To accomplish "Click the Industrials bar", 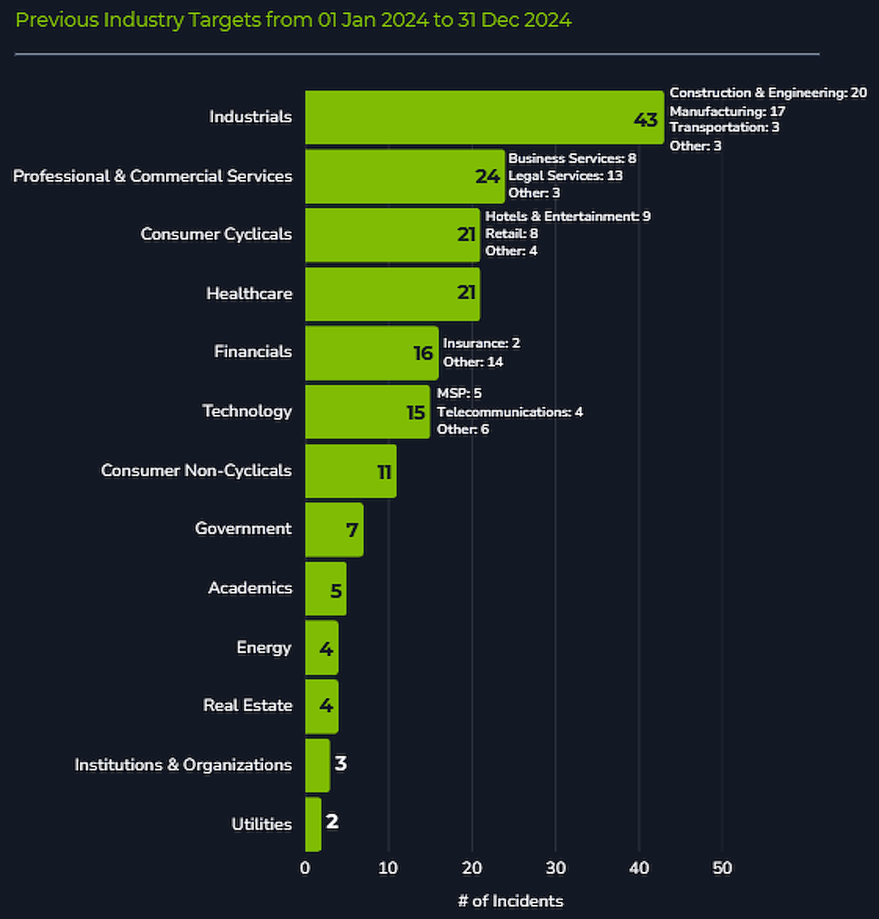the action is coord(484,117).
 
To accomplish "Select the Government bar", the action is coord(335,529).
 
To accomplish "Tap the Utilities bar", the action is coord(313,824).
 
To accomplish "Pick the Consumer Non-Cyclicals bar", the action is coord(351,470).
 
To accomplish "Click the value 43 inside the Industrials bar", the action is coord(646,120).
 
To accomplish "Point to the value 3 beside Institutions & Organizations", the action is coord(341,763).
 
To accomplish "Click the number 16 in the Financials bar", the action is coord(423,353).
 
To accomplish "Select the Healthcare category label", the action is coord(249,293).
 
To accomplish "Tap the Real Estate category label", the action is coord(248,705).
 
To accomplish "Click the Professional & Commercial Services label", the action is coord(153,176).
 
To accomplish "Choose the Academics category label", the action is coord(251,588).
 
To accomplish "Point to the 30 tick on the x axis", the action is coord(555,868).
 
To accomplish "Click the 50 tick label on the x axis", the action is coord(722,868).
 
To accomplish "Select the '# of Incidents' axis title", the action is coord(510,901).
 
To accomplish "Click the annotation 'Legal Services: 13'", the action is coord(566,176).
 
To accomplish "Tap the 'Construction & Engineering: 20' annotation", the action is coord(769,92).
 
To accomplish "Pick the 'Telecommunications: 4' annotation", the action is coord(509,412).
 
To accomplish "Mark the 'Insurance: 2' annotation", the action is coord(482,343).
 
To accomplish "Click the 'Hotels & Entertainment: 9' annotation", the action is coord(568,216).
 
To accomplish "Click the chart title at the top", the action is coord(293,20).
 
